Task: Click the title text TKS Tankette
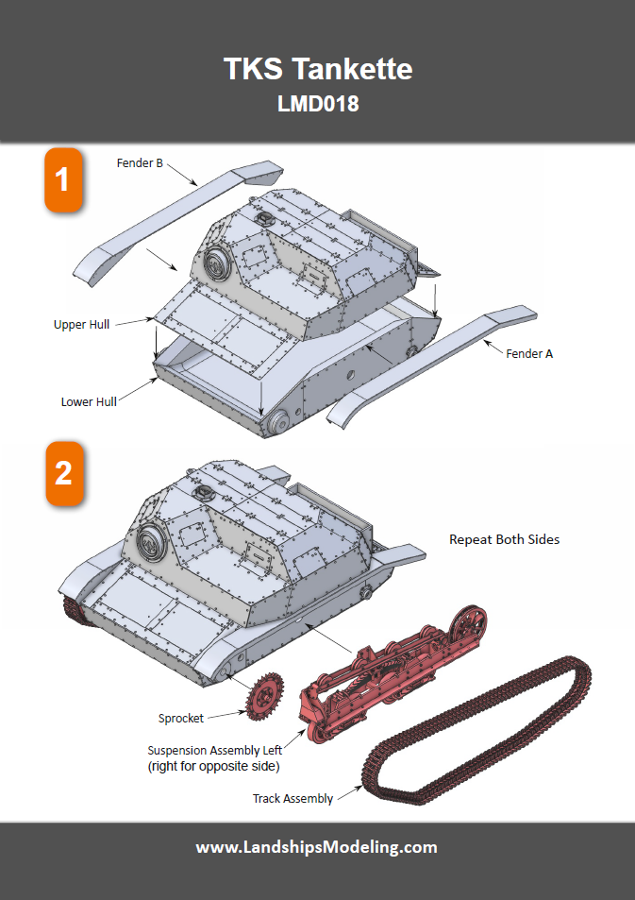[317, 69]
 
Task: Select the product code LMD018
[317, 104]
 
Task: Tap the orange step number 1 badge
[63, 178]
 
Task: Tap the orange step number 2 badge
[63, 472]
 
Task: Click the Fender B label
[140, 163]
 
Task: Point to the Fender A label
[529, 353]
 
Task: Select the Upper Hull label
[81, 324]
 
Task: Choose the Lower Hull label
[89, 401]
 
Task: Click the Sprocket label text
[181, 719]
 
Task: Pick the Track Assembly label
[292, 799]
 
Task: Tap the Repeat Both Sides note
[504, 539]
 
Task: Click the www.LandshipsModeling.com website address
[317, 847]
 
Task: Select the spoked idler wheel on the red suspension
[469, 627]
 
